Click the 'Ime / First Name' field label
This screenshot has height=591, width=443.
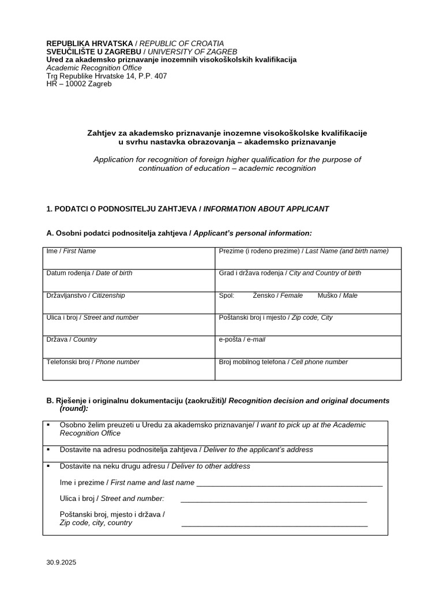point(71,251)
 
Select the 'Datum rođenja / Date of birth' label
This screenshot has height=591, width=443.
point(89,273)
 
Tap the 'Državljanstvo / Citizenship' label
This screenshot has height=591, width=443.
point(85,295)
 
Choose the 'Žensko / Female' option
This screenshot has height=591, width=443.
point(277,295)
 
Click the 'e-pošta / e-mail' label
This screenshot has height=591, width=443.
point(242,340)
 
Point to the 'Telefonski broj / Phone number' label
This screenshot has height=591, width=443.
point(93,362)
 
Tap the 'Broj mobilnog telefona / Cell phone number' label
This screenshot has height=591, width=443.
point(283,362)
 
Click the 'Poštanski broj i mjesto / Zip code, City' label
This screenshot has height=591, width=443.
point(276,317)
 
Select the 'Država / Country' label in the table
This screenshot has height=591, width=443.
point(72,340)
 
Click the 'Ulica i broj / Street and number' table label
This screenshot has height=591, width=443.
point(92,317)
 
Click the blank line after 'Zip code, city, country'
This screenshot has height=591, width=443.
point(275,525)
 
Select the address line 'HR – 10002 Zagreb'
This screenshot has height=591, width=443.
point(79,84)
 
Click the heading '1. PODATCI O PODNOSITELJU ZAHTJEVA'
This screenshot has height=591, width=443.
point(122,209)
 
